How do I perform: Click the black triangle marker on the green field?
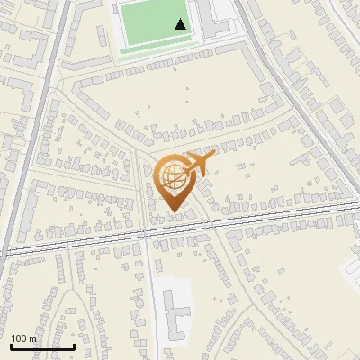(181, 24)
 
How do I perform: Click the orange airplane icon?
(199, 164)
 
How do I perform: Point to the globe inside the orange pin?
(171, 176)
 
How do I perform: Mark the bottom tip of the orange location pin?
(171, 213)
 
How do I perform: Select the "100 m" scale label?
(24, 338)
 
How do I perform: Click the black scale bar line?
(42, 346)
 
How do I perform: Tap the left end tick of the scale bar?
(11, 345)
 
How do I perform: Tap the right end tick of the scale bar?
(74, 345)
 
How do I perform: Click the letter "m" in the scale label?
(33, 338)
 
